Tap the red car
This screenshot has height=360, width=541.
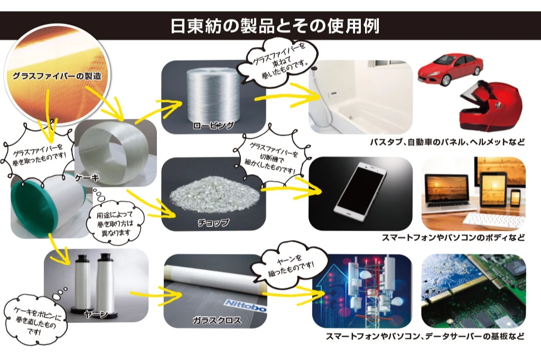(450, 69)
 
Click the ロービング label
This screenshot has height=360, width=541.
(213, 126)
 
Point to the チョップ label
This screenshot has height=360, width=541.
(214, 223)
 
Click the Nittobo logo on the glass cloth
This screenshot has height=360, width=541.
(246, 305)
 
